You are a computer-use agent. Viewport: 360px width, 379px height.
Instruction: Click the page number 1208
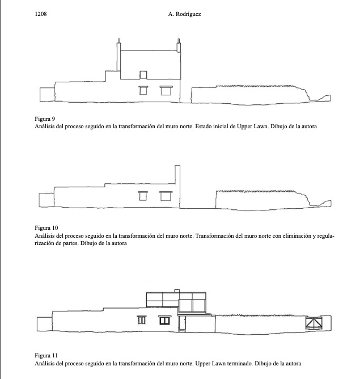point(41,14)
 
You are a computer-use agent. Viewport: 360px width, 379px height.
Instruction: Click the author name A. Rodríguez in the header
point(184,14)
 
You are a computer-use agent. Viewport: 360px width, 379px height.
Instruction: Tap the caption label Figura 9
point(45,119)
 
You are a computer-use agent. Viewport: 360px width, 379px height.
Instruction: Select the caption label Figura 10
point(46,228)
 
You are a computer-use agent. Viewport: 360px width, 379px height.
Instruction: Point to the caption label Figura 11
point(46,356)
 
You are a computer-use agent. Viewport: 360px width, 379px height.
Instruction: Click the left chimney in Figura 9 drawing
point(118,55)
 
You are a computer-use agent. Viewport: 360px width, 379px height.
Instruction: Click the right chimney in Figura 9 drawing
point(179,45)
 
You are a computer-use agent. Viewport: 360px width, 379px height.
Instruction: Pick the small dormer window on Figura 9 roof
point(143,75)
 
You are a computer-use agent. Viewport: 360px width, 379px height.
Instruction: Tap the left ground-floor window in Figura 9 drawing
point(143,90)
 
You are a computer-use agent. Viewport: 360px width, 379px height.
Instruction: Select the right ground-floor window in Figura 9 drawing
point(166,90)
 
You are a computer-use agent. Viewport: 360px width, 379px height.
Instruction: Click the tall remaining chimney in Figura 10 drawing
point(177,175)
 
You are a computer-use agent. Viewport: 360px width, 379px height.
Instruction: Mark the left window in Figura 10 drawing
point(143,196)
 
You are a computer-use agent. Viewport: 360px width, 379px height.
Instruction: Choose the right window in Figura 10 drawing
point(166,196)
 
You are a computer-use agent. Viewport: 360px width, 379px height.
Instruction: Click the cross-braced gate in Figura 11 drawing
point(314,323)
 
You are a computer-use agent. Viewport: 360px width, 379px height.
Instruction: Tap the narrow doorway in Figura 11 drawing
point(182,323)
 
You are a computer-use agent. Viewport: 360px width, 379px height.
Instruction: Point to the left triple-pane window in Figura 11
point(142,320)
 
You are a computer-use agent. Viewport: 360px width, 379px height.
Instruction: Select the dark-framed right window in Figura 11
point(164,320)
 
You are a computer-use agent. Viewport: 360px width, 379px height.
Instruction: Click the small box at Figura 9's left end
point(47,95)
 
